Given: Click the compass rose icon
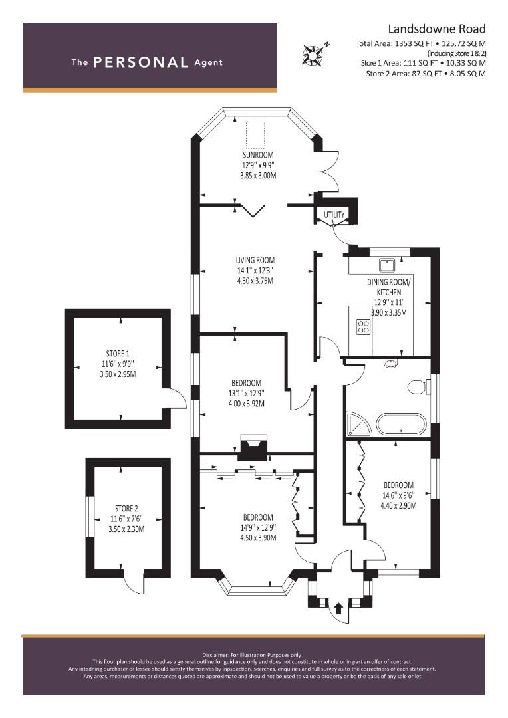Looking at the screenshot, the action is tap(313, 54).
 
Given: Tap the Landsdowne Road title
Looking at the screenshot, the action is tap(437, 29).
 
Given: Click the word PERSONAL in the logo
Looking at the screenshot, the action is tap(140, 62).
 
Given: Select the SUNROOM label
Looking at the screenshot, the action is tap(258, 155).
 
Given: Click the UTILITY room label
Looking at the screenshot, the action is tap(334, 215).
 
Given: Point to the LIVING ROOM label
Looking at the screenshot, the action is tap(255, 260).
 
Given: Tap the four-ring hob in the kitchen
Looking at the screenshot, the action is tap(364, 326).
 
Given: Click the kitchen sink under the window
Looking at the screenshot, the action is tap(388, 265).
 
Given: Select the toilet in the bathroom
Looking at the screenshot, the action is tap(418, 387).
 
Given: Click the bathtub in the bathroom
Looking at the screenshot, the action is tap(401, 424).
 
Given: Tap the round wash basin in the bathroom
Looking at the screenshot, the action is tap(391, 364).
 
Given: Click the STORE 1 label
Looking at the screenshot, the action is tap(118, 354).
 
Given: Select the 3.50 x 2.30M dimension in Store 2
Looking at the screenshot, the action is tap(126, 529).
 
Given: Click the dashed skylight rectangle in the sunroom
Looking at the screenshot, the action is tap(255, 134).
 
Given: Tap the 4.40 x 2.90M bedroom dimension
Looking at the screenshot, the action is tap(398, 505).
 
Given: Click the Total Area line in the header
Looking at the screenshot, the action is tap(421, 43).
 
